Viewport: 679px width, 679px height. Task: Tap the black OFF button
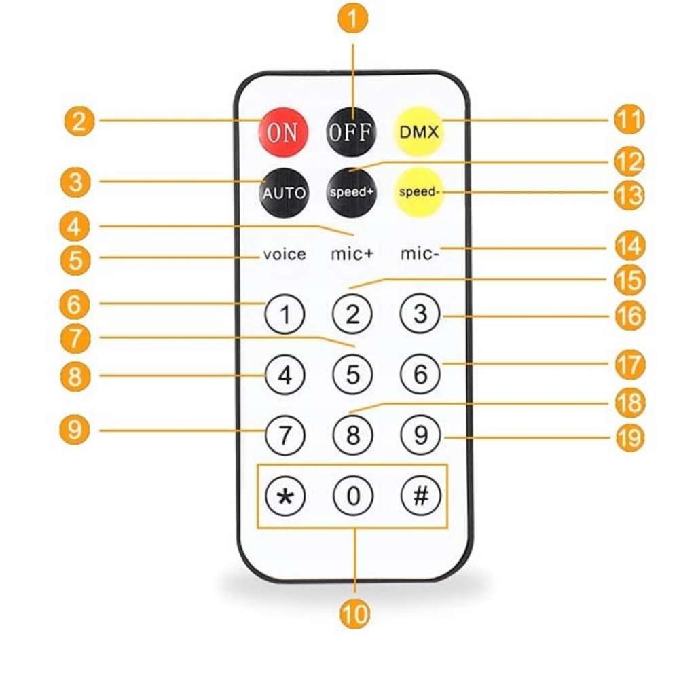point(351,131)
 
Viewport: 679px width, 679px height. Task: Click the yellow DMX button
point(419,131)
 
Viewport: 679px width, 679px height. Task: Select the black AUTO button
point(284,192)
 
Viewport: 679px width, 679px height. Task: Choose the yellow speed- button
point(419,191)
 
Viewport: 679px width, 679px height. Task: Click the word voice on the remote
point(285,255)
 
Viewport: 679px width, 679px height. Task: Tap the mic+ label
point(352,255)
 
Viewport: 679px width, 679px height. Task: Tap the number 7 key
point(285,435)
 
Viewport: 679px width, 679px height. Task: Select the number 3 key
point(421,314)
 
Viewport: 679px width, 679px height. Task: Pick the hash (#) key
point(421,496)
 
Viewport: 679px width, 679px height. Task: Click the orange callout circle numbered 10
point(354,614)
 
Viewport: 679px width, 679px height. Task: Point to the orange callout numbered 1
point(353,19)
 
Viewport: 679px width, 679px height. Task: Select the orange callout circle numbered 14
point(629,246)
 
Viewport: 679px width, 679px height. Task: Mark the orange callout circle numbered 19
point(629,437)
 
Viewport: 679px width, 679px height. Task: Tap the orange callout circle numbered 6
point(75,304)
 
